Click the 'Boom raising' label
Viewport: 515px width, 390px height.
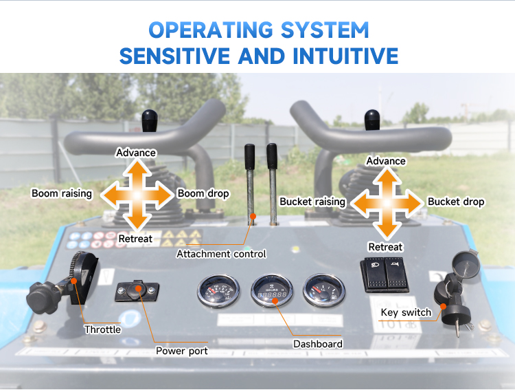coord(62,193)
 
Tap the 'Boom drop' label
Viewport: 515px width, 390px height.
coord(203,193)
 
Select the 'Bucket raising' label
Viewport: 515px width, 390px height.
coord(312,202)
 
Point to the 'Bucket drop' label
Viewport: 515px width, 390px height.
coord(456,202)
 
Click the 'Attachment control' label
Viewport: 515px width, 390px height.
coord(221,254)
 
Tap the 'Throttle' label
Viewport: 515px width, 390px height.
coord(102,329)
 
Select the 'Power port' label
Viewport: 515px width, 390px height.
coord(182,351)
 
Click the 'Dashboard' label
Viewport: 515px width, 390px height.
coord(318,344)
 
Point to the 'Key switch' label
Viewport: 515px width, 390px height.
coord(406,312)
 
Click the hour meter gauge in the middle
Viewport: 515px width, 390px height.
coord(272,290)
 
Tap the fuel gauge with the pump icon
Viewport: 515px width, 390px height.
coord(323,290)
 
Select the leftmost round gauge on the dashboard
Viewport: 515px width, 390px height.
coord(218,291)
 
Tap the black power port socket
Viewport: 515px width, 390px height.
coord(137,291)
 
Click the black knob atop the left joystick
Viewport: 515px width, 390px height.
coord(150,120)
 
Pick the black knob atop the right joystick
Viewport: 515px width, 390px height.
coord(372,120)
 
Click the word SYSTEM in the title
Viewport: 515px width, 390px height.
coord(325,30)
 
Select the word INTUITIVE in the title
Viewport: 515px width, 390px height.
coord(345,56)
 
